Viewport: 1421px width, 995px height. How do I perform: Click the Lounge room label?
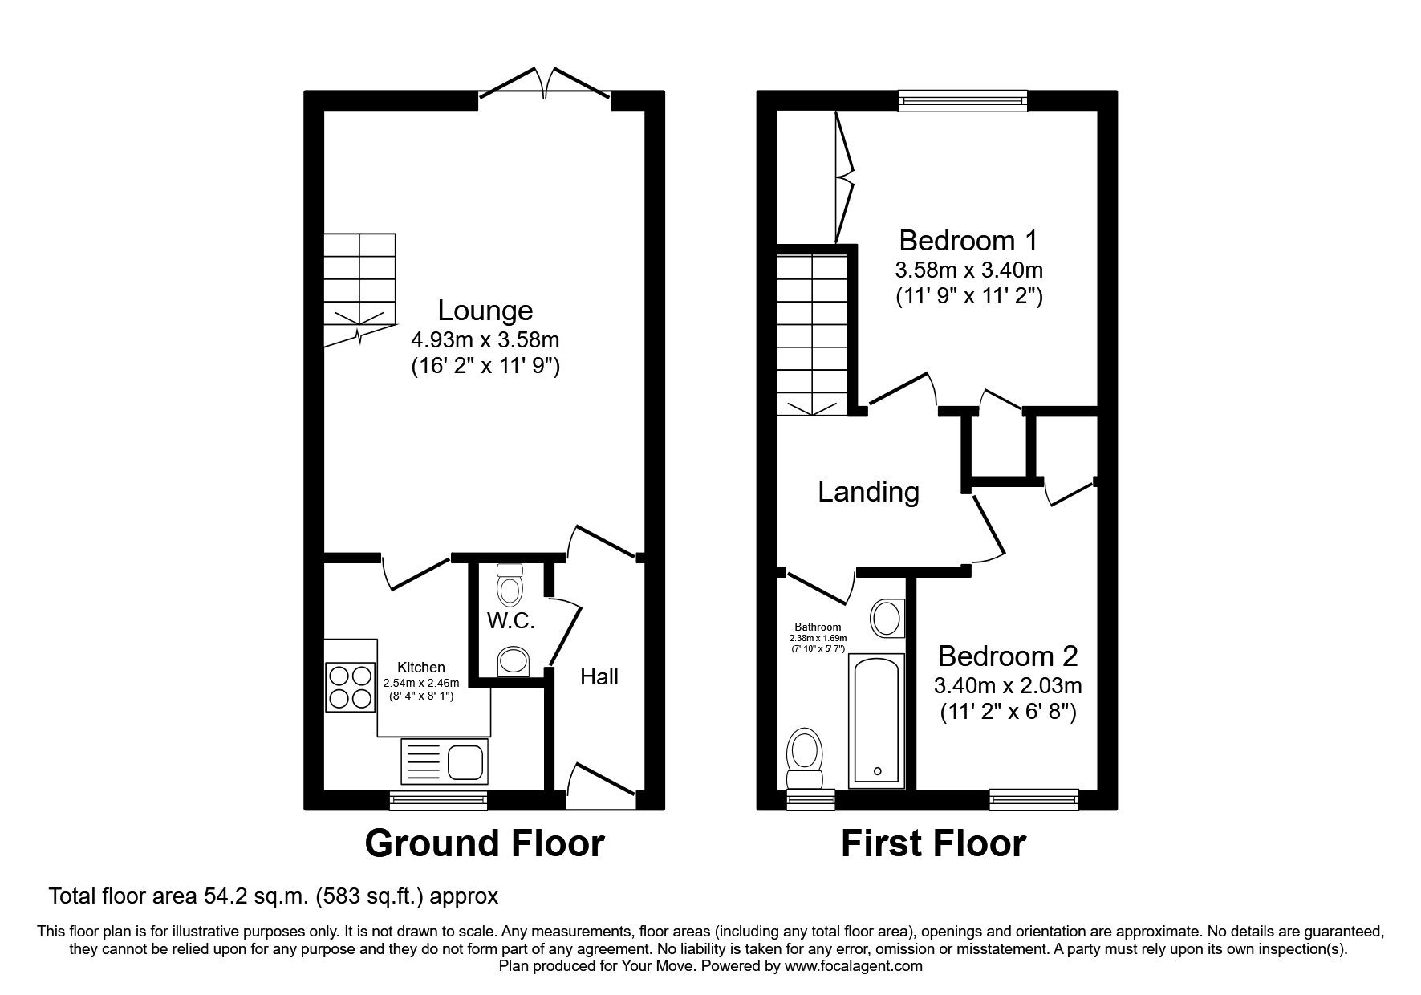(485, 310)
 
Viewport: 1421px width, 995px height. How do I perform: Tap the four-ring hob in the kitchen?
(351, 687)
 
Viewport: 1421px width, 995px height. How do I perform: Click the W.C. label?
(510, 621)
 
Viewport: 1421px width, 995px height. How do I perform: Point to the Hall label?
(599, 677)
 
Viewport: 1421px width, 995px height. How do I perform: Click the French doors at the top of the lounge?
(546, 87)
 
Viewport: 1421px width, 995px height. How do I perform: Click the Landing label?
(868, 491)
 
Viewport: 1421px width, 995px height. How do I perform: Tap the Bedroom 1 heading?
(968, 240)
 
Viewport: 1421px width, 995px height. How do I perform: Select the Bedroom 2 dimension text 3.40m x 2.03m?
(1007, 686)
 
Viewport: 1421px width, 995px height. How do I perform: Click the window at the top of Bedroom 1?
(962, 101)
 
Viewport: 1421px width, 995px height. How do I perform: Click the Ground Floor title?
(484, 843)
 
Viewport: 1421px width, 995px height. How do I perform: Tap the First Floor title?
(933, 843)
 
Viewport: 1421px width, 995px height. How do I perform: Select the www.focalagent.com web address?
(854, 966)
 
